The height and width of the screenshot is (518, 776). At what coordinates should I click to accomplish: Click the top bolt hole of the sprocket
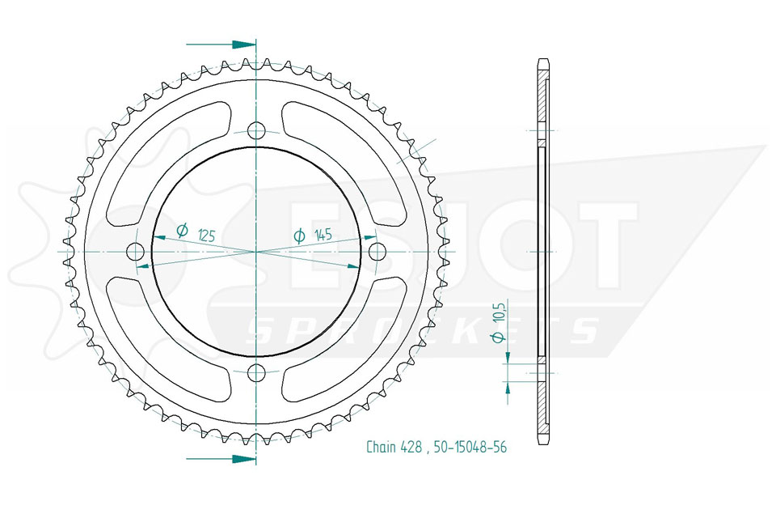click(x=256, y=131)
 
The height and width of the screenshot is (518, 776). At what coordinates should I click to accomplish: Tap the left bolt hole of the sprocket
click(x=136, y=252)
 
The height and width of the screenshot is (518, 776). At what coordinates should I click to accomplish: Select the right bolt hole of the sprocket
click(x=377, y=252)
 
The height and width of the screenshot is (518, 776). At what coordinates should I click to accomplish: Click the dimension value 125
click(x=206, y=236)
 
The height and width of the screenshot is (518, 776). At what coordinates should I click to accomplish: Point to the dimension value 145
click(x=323, y=235)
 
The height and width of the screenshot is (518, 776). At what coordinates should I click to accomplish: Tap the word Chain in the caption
click(x=381, y=447)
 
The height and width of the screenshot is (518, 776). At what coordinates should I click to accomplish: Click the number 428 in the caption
click(x=411, y=447)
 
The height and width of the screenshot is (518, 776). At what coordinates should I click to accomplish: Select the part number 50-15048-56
click(x=470, y=447)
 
